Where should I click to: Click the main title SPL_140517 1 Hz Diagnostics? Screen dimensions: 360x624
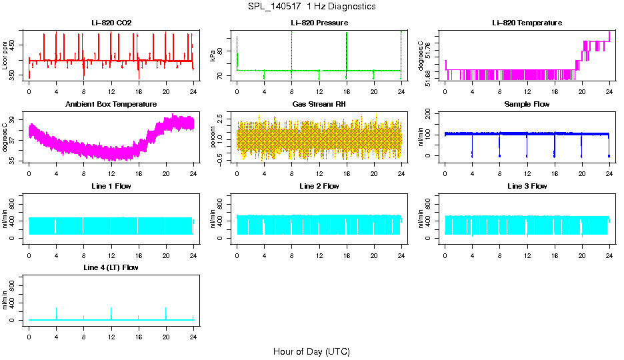pos(311,7)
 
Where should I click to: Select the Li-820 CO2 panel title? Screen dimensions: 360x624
pos(111,23)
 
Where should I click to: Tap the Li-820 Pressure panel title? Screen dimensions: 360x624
pos(319,23)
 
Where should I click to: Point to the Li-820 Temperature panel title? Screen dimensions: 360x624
pos(527,23)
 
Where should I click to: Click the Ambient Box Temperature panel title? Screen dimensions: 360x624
pos(111,105)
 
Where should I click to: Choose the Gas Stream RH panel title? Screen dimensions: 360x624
pos(319,105)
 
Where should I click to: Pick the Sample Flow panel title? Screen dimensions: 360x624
pos(527,105)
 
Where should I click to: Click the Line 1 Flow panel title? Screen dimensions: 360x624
pos(111,186)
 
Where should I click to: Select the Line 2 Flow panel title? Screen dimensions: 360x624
pos(319,186)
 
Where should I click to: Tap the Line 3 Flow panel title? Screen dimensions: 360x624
pos(527,186)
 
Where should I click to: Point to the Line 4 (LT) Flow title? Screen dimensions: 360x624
pos(111,267)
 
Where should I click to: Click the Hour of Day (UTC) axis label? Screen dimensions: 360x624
pos(311,351)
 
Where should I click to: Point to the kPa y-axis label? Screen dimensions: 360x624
pos(213,55)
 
